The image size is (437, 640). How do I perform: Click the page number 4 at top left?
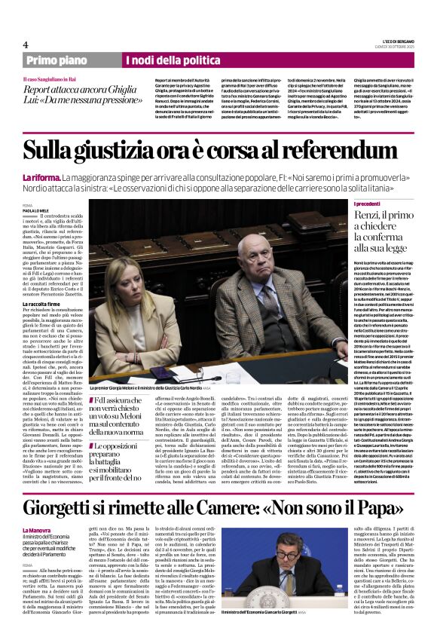pos(26,44)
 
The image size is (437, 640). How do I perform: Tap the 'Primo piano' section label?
pos(55,60)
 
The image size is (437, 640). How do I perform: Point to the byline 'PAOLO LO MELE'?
pos(38,210)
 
